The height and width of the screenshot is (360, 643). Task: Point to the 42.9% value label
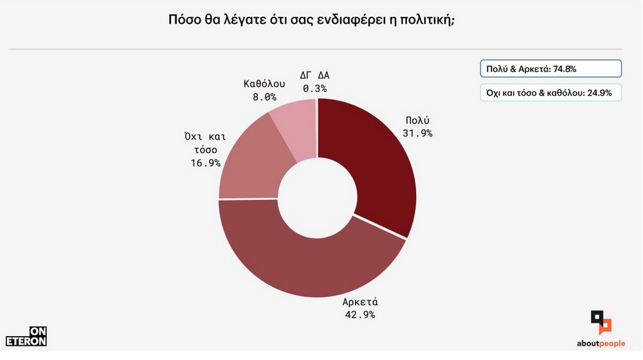[359, 315]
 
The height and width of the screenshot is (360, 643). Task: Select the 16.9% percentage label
[204, 163]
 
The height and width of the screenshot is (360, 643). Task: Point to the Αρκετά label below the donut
[359, 302]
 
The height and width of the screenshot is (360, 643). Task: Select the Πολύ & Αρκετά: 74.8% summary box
[550, 69]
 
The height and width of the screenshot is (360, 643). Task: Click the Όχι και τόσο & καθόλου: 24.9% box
[550, 93]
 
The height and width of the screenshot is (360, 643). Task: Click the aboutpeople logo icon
[601, 321]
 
